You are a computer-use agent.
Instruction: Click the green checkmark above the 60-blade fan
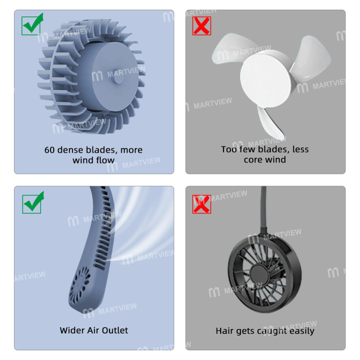point(32,25)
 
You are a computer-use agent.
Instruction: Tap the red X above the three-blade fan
point(202,26)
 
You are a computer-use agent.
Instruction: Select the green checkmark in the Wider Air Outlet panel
point(32,203)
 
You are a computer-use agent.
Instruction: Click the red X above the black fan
point(202,204)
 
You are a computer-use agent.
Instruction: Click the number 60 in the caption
point(50,150)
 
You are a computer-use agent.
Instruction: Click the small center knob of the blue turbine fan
point(119,79)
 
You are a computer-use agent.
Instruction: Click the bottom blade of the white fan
point(270,124)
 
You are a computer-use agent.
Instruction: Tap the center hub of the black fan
point(265,273)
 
